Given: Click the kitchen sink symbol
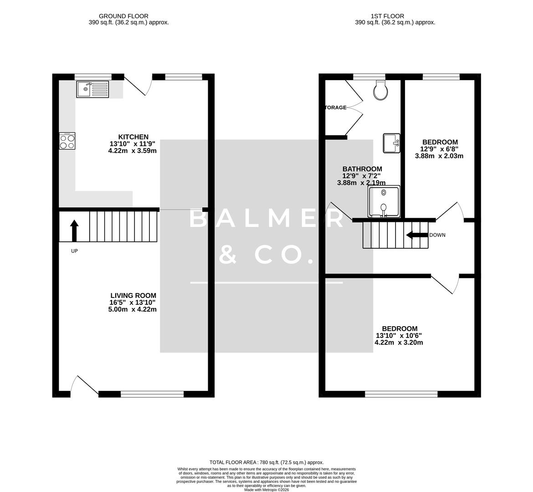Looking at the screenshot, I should pos(92,89).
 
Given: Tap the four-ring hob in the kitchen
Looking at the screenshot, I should pos(67,141).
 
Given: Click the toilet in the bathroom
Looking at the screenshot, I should pos(380,90).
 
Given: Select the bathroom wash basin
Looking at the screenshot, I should pos(391,143).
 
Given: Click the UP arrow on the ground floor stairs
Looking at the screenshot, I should pos(74,231).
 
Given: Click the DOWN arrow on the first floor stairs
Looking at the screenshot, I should pos(415,235).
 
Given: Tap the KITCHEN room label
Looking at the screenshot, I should pos(133,137).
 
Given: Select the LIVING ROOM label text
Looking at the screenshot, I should pos(132,295).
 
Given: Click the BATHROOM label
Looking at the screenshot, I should pos(362,169).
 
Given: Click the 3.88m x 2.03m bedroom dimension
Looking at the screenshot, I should pos(439,156).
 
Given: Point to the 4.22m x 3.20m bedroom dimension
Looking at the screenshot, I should pos(399,343).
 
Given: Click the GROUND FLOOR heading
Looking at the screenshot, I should pos(123,16).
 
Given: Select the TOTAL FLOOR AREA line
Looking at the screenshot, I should pos(266,462).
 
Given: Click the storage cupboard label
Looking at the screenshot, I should pos(335,108).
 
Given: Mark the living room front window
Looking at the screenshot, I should pos(152,394).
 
